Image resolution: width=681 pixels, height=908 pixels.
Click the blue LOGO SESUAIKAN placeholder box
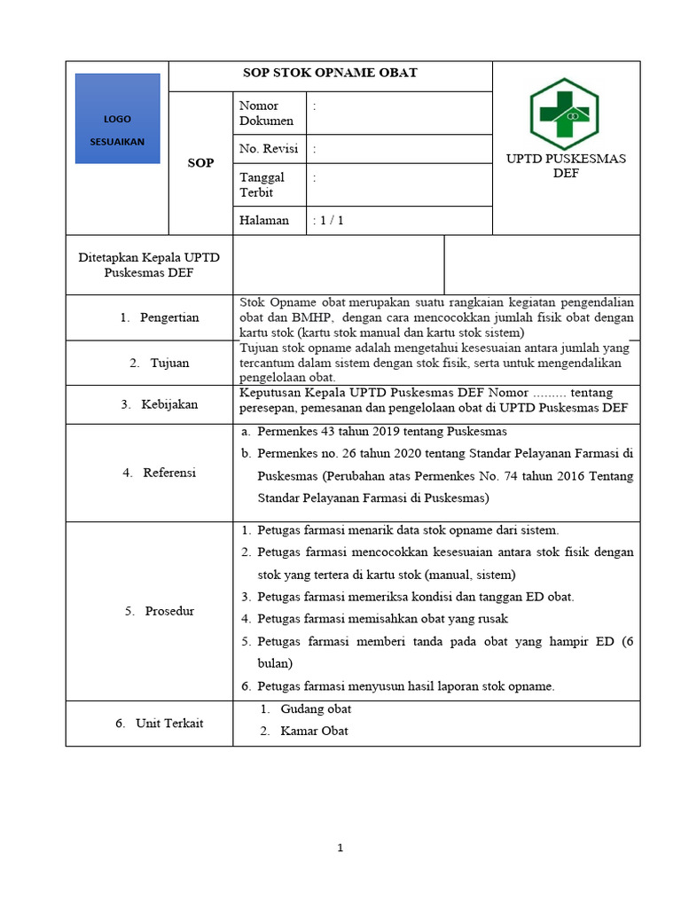click(117, 119)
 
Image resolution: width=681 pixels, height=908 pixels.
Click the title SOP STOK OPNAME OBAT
click(330, 74)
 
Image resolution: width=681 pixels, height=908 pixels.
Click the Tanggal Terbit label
click(262, 184)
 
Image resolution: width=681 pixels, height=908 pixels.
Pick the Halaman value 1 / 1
click(328, 221)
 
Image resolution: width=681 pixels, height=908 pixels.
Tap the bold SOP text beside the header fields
click(200, 163)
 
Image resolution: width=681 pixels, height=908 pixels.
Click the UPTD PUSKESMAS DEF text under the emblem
click(566, 166)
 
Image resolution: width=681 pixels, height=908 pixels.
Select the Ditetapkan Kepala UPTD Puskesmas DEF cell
click(149, 265)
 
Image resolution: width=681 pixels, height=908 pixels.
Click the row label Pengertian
click(168, 317)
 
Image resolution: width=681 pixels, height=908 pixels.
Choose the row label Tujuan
click(169, 363)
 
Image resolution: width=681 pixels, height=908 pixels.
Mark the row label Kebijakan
click(169, 404)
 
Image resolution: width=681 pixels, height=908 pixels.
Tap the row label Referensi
click(169, 473)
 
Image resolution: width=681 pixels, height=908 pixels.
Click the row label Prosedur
click(169, 611)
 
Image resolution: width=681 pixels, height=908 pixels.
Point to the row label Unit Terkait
click(168, 724)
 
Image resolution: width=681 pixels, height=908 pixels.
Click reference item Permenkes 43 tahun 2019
click(381, 432)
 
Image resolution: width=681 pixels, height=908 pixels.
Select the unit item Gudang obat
click(316, 709)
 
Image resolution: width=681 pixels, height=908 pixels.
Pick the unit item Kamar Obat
click(314, 732)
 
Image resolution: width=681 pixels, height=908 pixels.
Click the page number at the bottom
click(340, 849)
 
